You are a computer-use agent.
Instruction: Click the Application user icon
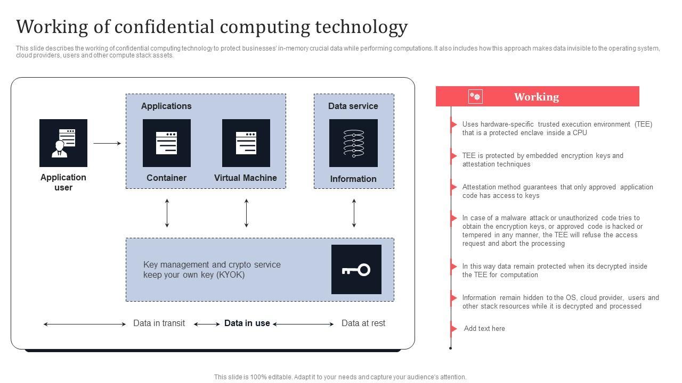[63, 143]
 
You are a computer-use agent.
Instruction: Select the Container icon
[166, 143]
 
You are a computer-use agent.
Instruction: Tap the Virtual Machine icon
[246, 143]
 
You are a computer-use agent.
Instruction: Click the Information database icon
[353, 143]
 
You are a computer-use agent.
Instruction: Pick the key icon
[356, 269]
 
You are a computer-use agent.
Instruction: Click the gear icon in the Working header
[475, 96]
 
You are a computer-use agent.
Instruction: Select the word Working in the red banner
[536, 97]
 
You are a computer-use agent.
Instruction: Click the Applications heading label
[166, 106]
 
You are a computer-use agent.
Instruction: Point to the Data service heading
[353, 106]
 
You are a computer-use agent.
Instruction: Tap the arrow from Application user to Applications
[107, 143]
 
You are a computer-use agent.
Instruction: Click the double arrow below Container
[167, 213]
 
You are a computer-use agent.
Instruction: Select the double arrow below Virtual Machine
[246, 213]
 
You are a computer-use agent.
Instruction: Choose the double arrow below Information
[354, 213]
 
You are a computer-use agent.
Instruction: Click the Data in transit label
[159, 323]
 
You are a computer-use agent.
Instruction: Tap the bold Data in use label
[247, 323]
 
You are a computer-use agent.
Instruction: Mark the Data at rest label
[363, 323]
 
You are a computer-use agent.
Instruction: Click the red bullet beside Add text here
[453, 328]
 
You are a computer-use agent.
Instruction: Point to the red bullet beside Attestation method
[453, 187]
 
